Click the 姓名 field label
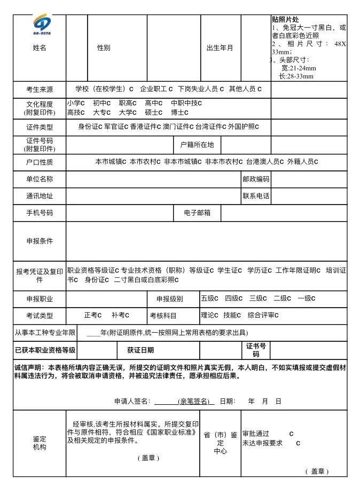pyautogui.click(x=40, y=48)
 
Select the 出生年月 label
pyautogui.click(x=220, y=48)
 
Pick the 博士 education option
pyautogui.click(x=179, y=113)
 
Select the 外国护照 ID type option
pyautogui.click(x=243, y=127)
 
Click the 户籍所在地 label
pyautogui.click(x=197, y=145)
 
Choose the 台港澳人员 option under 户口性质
pyautogui.click(x=265, y=161)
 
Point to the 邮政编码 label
pyautogui.click(x=256, y=179)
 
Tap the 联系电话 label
pyautogui.click(x=256, y=196)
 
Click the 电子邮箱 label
pyautogui.click(x=197, y=213)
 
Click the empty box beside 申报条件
pyautogui.click(x=206, y=241)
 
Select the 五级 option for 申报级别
pyautogui.click(x=210, y=298)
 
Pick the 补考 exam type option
pyautogui.click(x=120, y=315)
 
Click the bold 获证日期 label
pyautogui.click(x=140, y=350)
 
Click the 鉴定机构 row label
pyautogui.click(x=40, y=443)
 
